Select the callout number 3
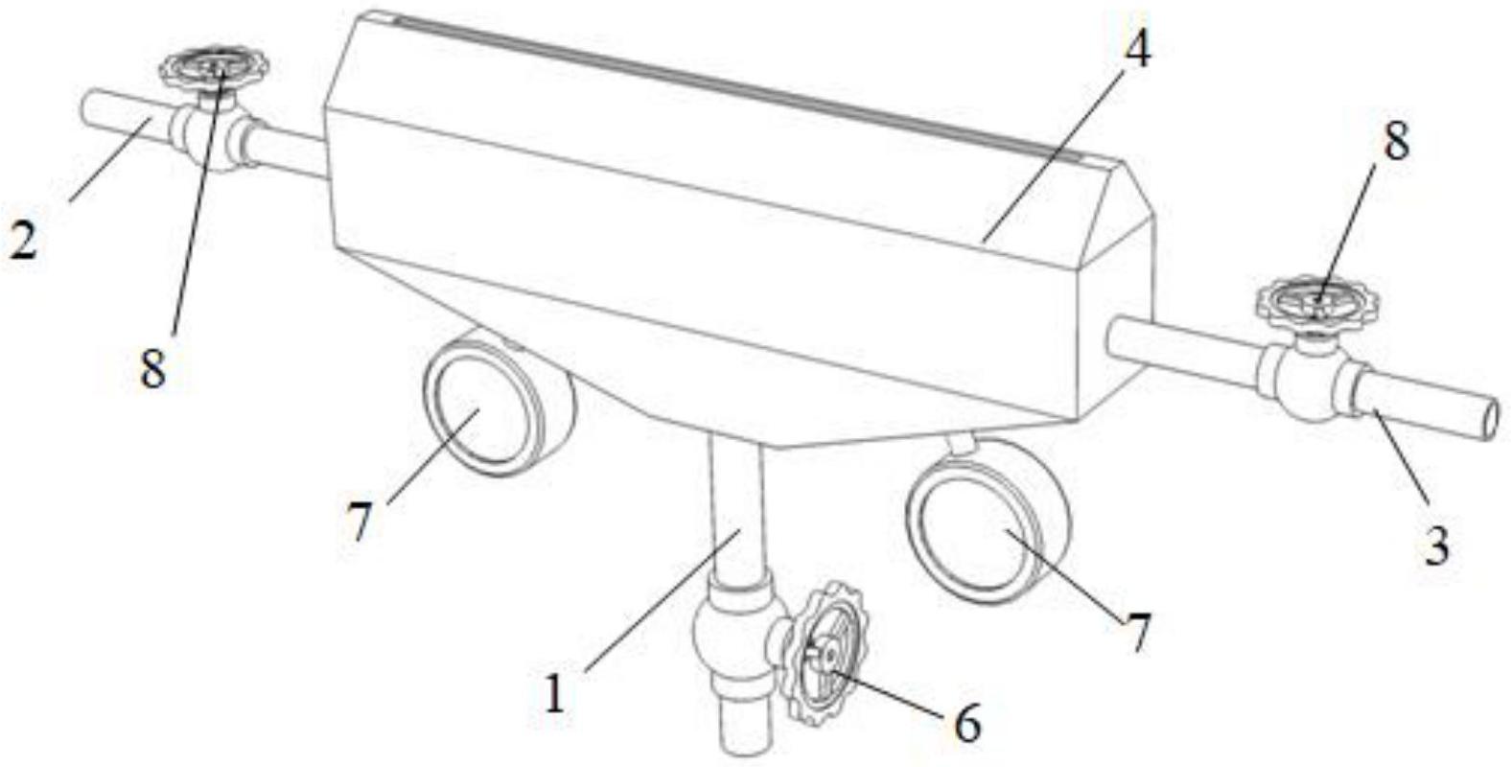(1437, 546)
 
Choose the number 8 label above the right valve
(1395, 142)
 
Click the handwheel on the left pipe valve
(214, 67)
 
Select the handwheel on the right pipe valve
(1316, 301)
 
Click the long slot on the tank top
(737, 88)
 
